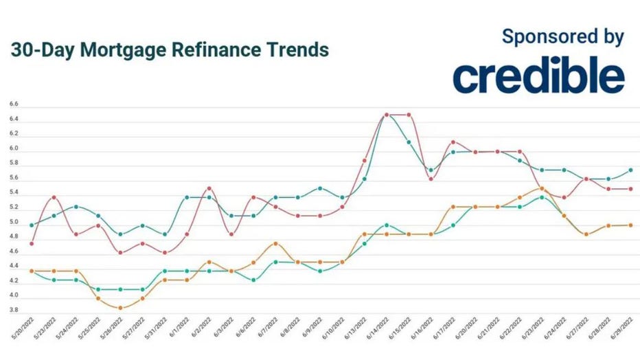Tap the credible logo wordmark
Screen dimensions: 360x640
click(x=538, y=76)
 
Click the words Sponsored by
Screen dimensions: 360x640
click(x=563, y=36)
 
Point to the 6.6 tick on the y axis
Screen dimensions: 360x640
click(x=14, y=105)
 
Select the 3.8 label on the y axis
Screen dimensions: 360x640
click(x=14, y=311)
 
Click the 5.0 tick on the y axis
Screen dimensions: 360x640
click(x=14, y=223)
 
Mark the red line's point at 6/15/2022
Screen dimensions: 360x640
click(x=409, y=115)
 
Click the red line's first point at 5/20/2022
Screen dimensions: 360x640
click(x=32, y=243)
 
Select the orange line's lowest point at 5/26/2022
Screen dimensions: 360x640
click(x=120, y=307)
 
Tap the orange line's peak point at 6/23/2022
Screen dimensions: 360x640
click(x=542, y=188)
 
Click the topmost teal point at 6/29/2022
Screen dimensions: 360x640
click(x=630, y=170)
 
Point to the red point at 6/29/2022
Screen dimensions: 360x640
click(x=630, y=189)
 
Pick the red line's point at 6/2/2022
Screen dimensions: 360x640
click(x=209, y=188)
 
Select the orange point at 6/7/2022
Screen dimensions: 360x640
click(x=275, y=243)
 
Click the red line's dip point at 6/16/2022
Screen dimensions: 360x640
click(x=431, y=179)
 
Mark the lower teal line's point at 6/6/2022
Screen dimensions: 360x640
click(x=253, y=280)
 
